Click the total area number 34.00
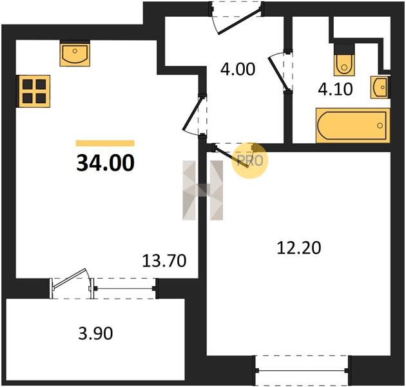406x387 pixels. point(106,163)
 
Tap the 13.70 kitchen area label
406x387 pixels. point(164,261)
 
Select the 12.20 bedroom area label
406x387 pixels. point(299,248)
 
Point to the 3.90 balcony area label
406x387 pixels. point(95,333)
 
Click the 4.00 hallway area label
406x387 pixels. point(238,69)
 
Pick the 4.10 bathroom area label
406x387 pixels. point(335,90)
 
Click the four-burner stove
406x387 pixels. point(34,91)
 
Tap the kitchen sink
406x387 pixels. point(75,55)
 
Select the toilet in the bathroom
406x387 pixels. point(344,61)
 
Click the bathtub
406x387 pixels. point(353,126)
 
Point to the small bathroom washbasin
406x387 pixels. point(380,87)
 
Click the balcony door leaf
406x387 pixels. point(70,278)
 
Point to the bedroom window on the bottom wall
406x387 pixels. point(302,370)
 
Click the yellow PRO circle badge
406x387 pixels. point(249,161)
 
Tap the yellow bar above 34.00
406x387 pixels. point(105,143)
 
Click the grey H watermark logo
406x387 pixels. point(203,190)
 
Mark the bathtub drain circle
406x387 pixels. point(380,126)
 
